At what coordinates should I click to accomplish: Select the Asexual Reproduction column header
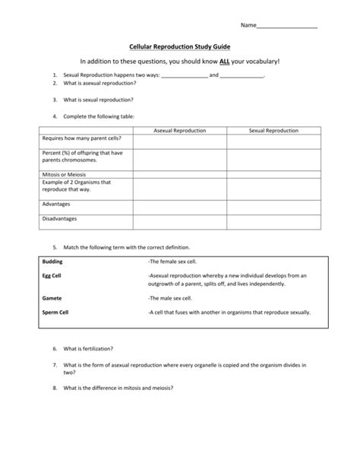pyautogui.click(x=180, y=131)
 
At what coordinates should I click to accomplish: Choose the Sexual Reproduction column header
pyautogui.click(x=273, y=131)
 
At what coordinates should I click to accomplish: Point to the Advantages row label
pyautogui.click(x=58, y=204)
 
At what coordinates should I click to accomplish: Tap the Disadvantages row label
pyautogui.click(x=62, y=219)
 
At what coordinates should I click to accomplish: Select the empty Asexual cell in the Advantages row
pyautogui.click(x=180, y=206)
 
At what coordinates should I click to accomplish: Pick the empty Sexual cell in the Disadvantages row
pyautogui.click(x=273, y=221)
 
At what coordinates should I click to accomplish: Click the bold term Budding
pyautogui.click(x=52, y=261)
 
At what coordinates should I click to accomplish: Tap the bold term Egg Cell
pyautogui.click(x=52, y=275)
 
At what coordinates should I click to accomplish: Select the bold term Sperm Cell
pyautogui.click(x=56, y=312)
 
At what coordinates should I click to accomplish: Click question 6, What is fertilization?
pyautogui.click(x=88, y=348)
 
